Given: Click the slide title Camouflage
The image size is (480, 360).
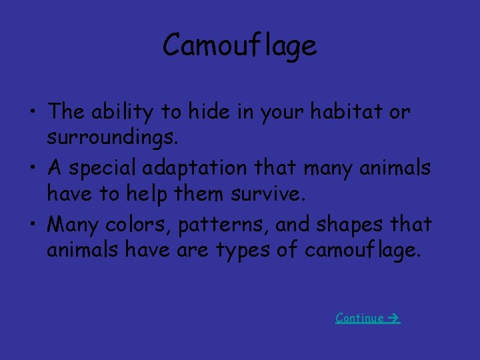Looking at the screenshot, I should (240, 46).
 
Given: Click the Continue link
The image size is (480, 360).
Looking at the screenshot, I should (360, 318).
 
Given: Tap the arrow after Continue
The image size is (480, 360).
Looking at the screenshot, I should (393, 318).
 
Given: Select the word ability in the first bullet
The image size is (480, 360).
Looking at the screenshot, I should (116, 112).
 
